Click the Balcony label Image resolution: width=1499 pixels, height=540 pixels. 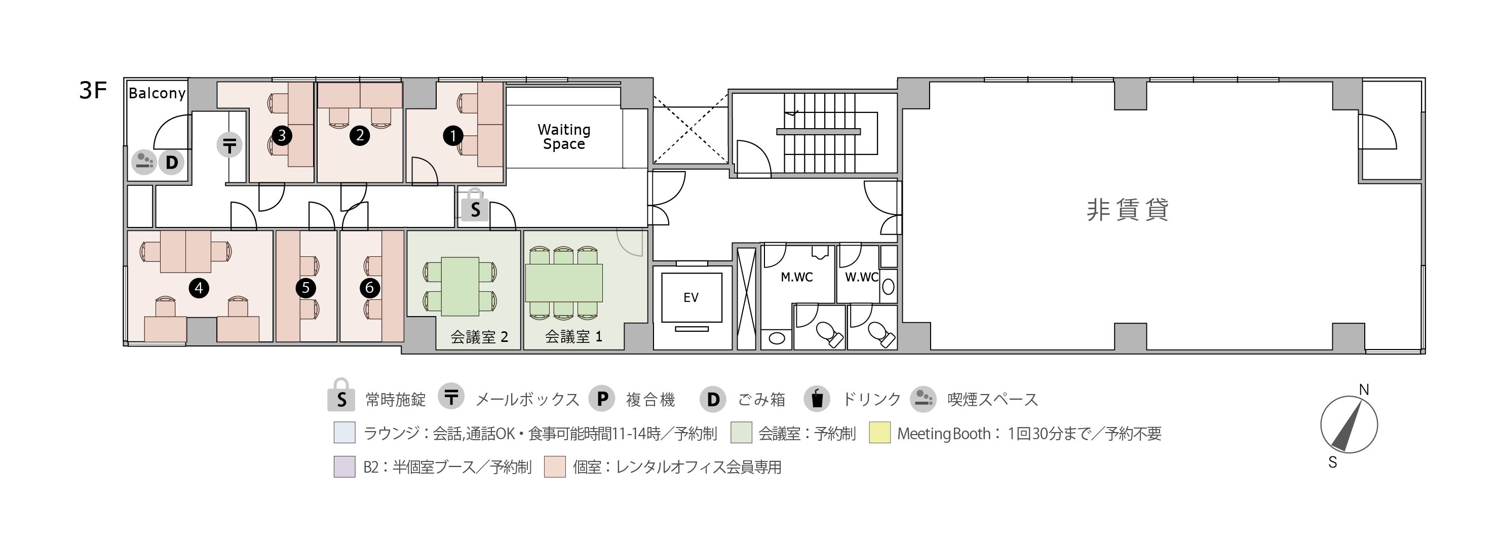click(x=157, y=94)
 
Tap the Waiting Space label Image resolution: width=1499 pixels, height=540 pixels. click(x=564, y=137)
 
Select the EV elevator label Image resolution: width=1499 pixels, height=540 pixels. click(x=690, y=297)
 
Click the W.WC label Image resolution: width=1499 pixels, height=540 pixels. click(x=862, y=277)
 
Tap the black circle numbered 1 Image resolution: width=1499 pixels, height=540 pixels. click(x=453, y=136)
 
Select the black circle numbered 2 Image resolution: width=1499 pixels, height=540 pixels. click(x=360, y=136)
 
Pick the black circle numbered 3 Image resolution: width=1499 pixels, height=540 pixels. click(x=282, y=136)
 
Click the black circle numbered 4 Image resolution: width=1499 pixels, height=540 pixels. click(x=199, y=287)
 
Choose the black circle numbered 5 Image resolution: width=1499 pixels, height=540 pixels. click(x=305, y=287)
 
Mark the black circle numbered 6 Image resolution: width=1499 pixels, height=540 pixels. click(x=369, y=287)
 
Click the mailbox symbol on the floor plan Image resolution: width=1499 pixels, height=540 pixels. click(x=229, y=145)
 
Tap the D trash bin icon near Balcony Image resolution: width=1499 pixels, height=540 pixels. click(x=171, y=162)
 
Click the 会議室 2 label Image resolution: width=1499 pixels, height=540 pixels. click(x=480, y=337)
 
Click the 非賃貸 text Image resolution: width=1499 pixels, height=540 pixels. click(x=1128, y=210)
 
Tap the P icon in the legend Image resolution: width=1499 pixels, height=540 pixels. click(x=602, y=399)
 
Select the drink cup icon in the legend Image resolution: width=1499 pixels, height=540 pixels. click(x=817, y=399)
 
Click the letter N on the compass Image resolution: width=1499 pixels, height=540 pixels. click(x=1363, y=389)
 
